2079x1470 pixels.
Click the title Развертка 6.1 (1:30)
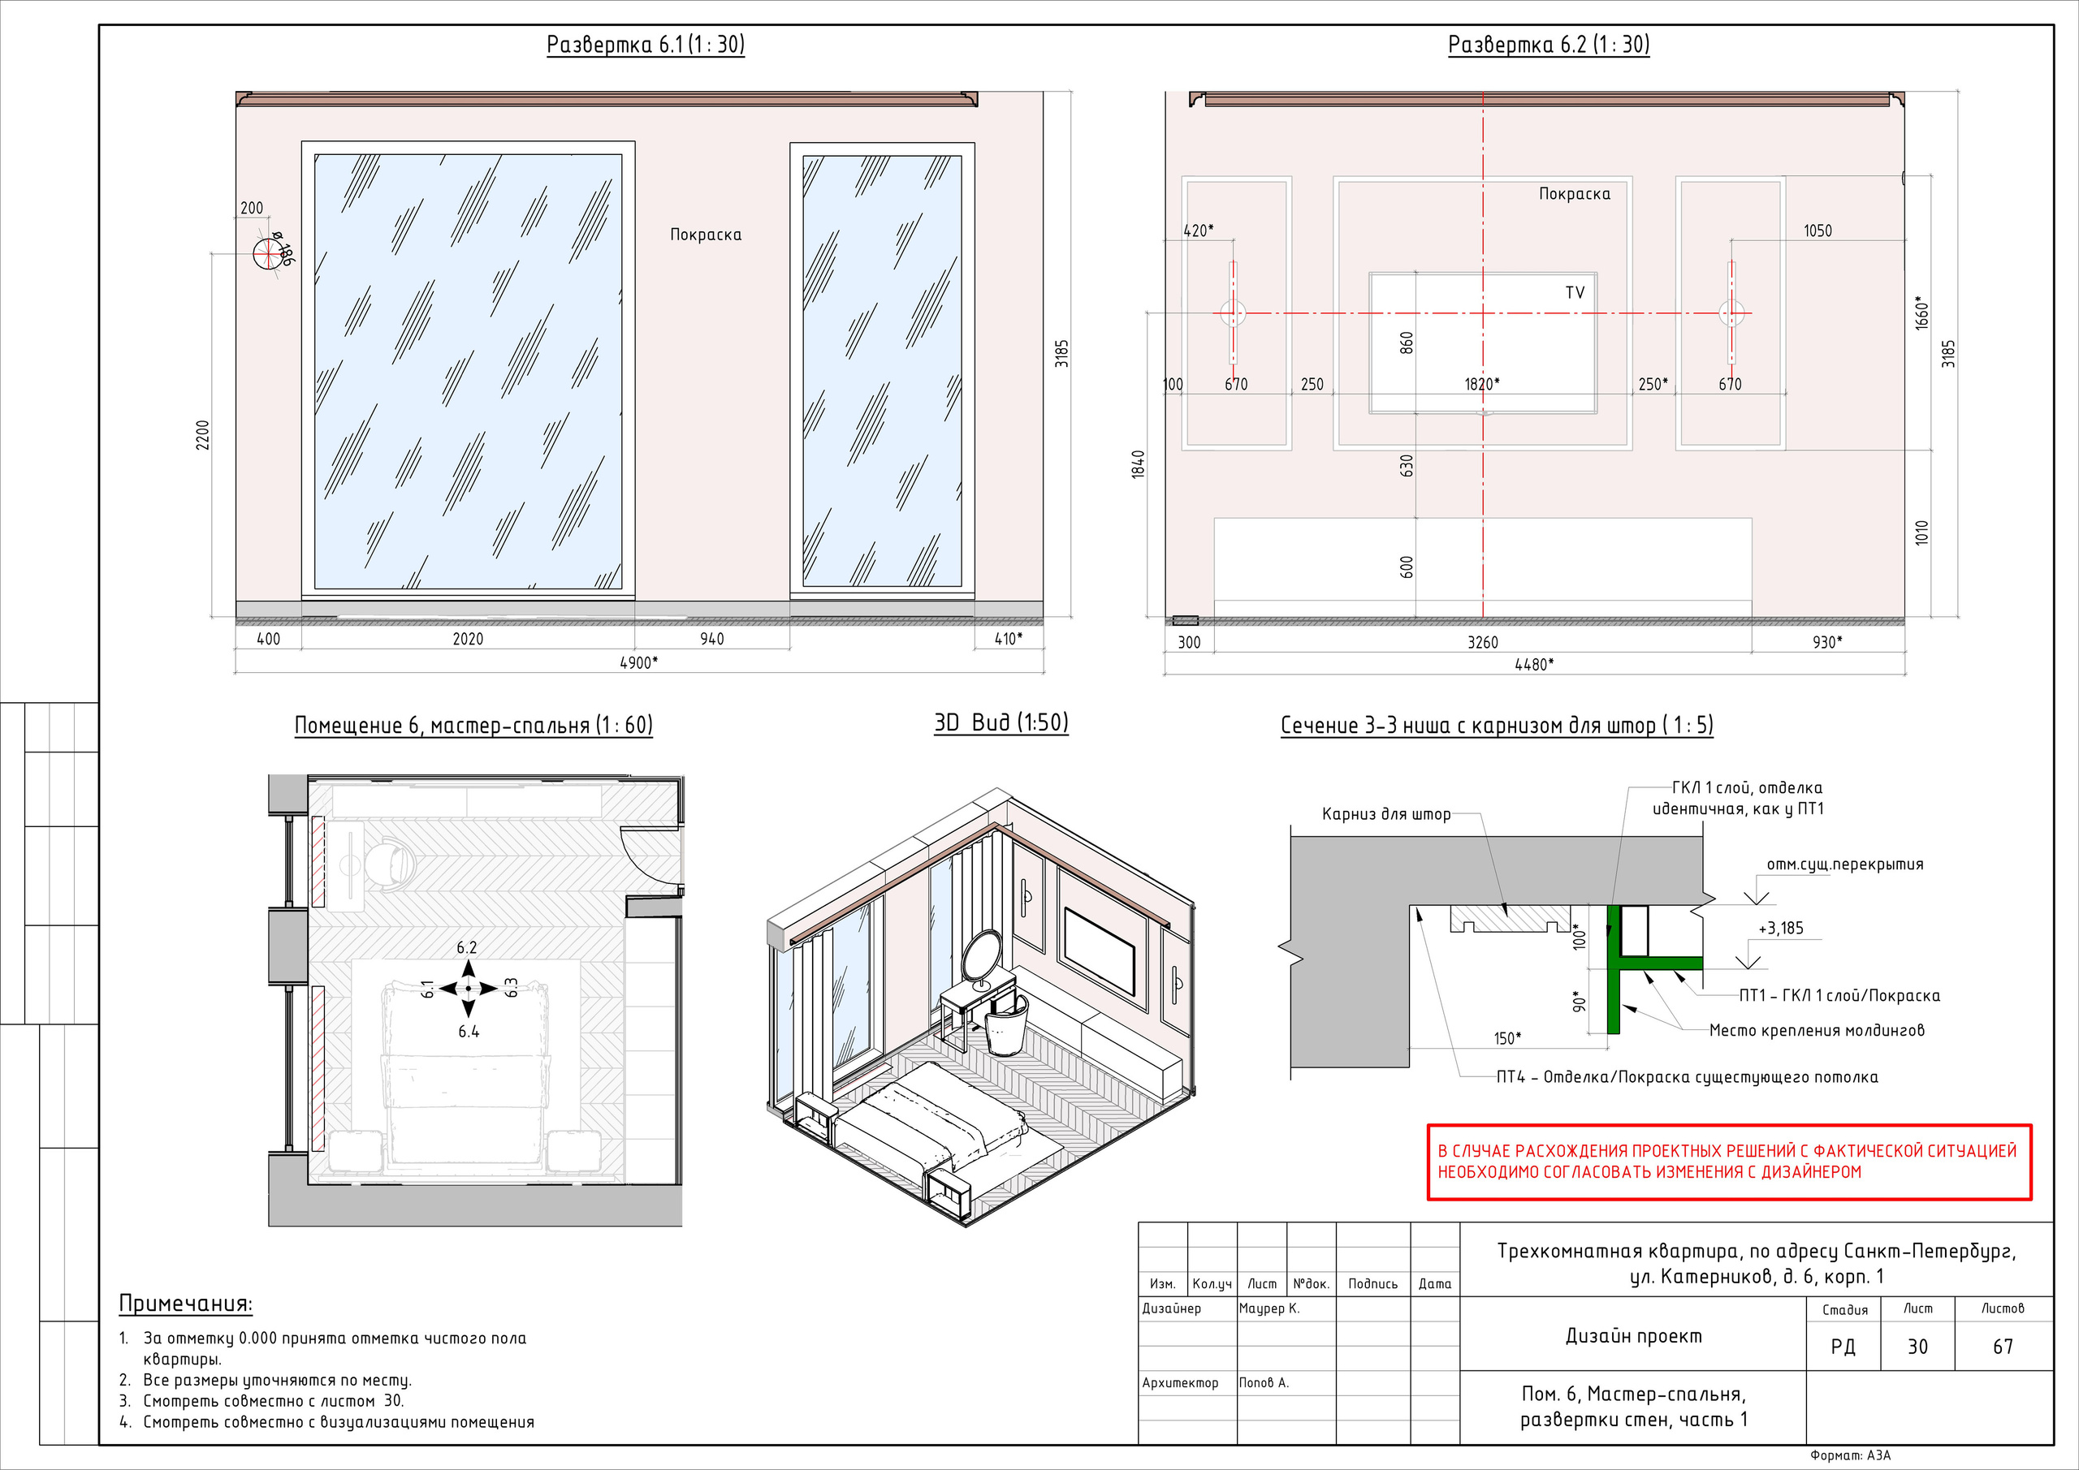pos(645,45)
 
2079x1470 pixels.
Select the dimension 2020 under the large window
pos(467,639)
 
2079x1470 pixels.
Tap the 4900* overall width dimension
pos(638,662)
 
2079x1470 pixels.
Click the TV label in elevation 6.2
pos(1575,293)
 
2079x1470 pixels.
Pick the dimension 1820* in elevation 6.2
pos(1481,384)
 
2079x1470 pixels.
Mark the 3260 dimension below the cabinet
pos(1482,643)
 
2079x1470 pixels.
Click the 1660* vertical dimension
pos(1921,313)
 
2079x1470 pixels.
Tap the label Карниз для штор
pos(1385,815)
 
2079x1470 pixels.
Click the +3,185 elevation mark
pos(1780,929)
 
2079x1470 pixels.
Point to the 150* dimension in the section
pos(1506,1038)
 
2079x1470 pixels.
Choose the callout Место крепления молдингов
pos(1817,1030)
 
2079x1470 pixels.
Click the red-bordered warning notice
pos(1729,1162)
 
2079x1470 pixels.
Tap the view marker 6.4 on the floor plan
pos(468,1032)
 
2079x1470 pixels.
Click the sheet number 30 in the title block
pos(1917,1347)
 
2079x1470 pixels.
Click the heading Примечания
pos(186,1304)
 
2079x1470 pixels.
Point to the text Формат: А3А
pos(1850,1455)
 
